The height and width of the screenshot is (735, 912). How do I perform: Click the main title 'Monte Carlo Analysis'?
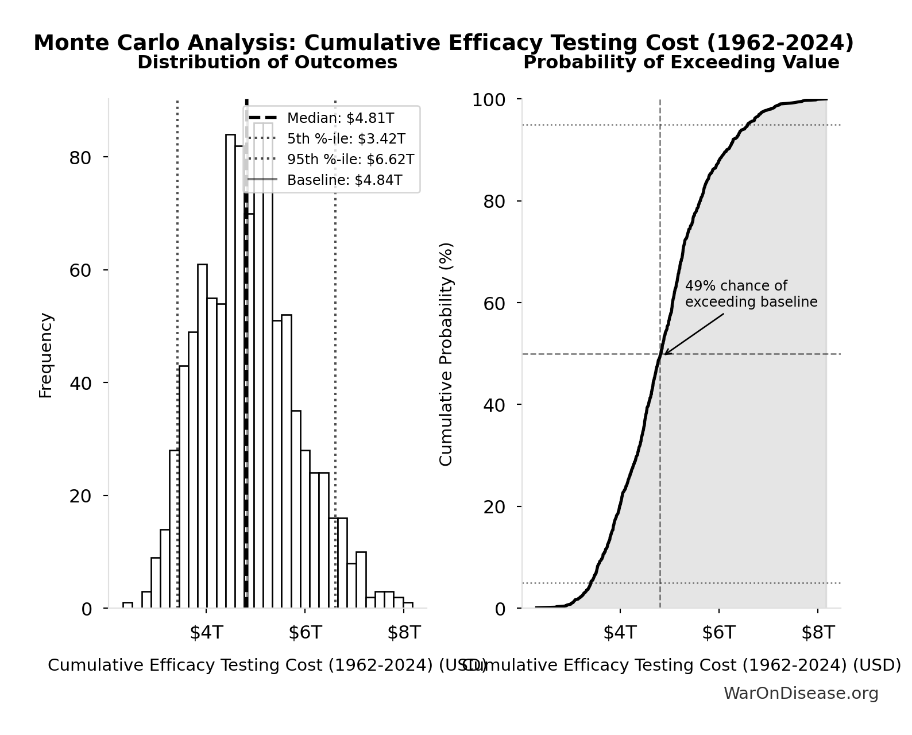pyautogui.click(x=443, y=43)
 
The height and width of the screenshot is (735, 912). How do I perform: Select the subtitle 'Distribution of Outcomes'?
pyautogui.click(x=267, y=63)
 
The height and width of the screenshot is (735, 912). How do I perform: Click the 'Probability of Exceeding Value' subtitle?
pyautogui.click(x=681, y=63)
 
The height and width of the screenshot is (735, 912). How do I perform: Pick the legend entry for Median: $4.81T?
pyautogui.click(x=340, y=118)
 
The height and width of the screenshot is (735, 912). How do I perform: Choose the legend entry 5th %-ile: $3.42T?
pyautogui.click(x=346, y=139)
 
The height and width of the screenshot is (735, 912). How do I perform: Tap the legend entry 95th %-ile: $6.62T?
pyautogui.click(x=350, y=160)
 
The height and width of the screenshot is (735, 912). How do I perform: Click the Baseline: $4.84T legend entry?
pyautogui.click(x=344, y=180)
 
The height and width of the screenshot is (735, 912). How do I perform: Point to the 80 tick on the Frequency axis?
pyautogui.click(x=80, y=158)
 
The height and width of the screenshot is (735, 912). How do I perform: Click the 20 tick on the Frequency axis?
pyautogui.click(x=80, y=496)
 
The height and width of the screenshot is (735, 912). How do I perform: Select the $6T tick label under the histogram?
pyautogui.click(x=305, y=633)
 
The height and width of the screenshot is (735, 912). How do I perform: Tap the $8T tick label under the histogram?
pyautogui.click(x=404, y=633)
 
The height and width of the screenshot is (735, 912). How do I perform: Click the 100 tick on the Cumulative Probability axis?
pyautogui.click(x=489, y=100)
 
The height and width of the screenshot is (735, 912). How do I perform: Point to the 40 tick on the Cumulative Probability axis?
pyautogui.click(x=494, y=405)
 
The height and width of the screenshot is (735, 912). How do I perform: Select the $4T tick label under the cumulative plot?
pyautogui.click(x=620, y=633)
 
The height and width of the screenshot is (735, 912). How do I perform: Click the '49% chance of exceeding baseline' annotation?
pyautogui.click(x=751, y=294)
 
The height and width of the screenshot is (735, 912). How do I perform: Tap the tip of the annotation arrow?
pyautogui.click(x=664, y=354)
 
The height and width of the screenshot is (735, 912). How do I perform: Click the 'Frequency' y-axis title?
pyautogui.click(x=45, y=355)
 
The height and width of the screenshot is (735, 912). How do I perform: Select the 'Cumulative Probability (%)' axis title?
pyautogui.click(x=446, y=354)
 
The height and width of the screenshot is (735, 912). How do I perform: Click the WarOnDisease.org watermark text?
pyautogui.click(x=801, y=694)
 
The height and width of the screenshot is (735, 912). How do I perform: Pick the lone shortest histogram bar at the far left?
pyautogui.click(x=127, y=605)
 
